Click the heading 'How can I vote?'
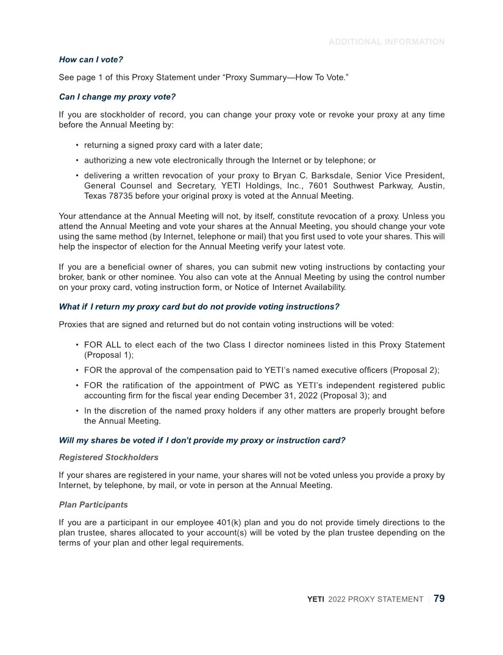pos(91,60)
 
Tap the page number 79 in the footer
pos(439,599)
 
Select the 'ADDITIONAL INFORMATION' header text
pos(387,42)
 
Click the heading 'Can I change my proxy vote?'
pos(117,97)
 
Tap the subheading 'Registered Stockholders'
pos(109,458)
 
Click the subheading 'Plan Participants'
pos(93,505)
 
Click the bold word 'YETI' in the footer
pos(315,600)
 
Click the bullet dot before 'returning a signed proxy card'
pos(77,145)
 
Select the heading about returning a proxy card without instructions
pos(199,306)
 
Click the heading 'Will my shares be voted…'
pos(202,441)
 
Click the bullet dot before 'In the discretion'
pos(77,411)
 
